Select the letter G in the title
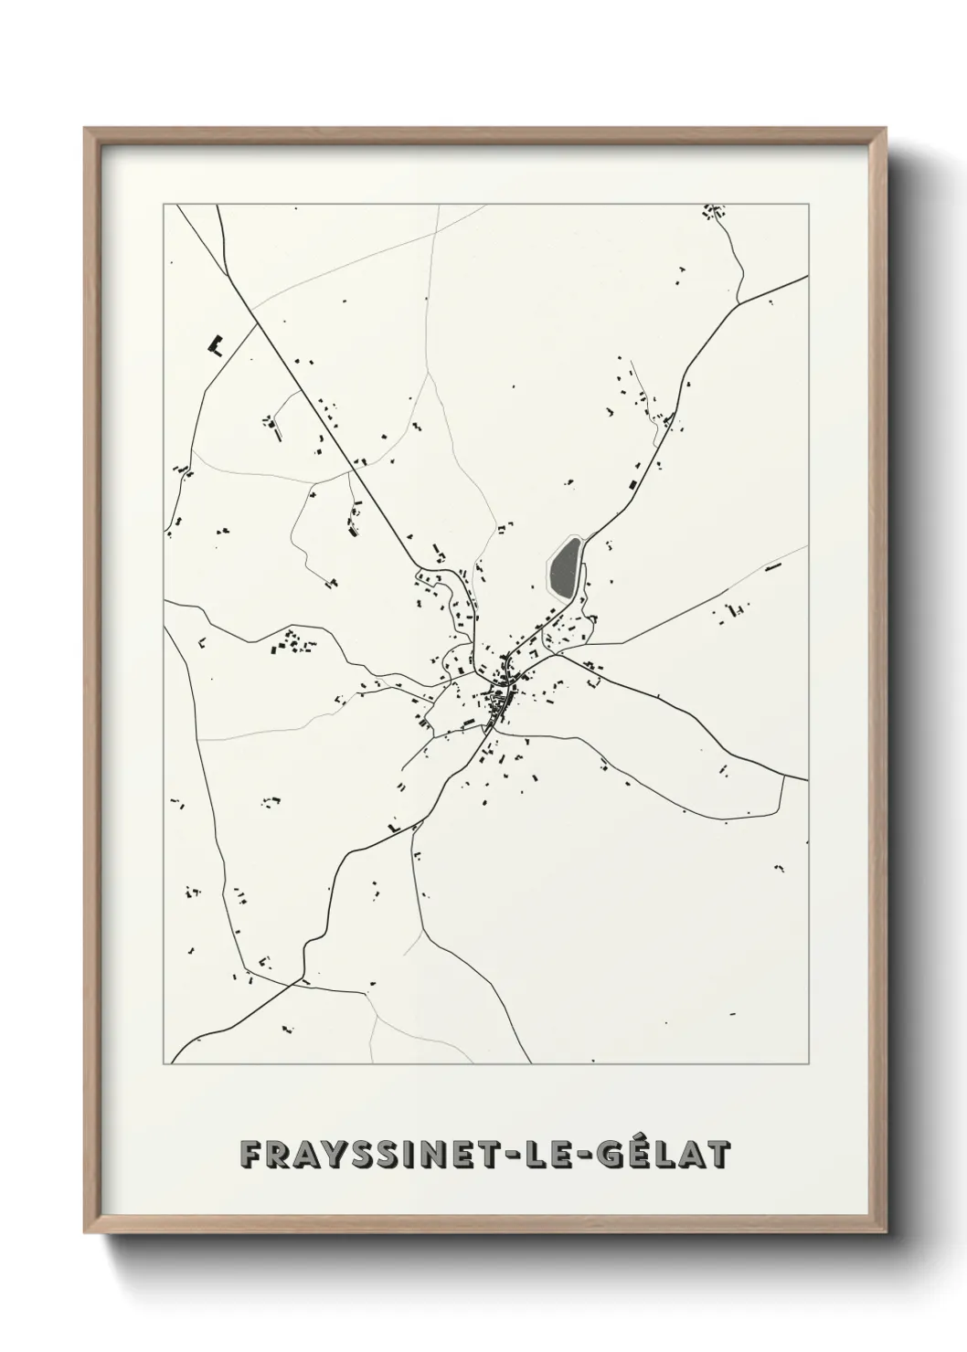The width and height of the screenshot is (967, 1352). pos(611,1155)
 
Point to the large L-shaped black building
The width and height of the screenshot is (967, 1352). pos(217,344)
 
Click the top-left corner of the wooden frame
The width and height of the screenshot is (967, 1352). pos(85,129)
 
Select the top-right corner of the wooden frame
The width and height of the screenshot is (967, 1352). pos(884,129)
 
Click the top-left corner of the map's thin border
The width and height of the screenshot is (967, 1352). pos(164,205)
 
